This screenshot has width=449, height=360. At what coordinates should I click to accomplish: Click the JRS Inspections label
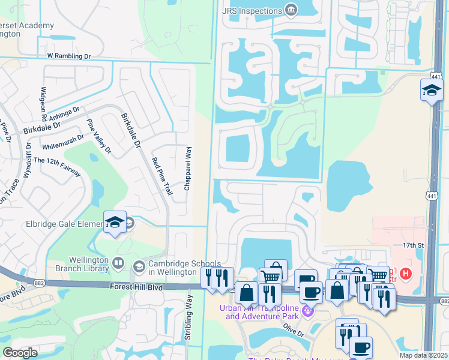coord(252,11)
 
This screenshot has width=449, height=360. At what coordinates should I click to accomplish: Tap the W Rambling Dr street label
coord(68,56)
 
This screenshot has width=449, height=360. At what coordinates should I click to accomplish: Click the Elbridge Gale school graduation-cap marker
coord(114,223)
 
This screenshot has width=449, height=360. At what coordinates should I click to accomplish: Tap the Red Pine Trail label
coord(162,176)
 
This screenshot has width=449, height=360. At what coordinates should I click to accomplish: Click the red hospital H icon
coord(406,273)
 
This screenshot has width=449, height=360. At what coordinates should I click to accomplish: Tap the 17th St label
coord(414,245)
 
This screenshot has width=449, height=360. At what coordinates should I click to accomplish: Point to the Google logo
coord(20,353)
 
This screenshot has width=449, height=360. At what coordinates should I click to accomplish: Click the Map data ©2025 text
coord(423,355)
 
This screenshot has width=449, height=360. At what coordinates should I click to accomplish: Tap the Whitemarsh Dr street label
coord(62,143)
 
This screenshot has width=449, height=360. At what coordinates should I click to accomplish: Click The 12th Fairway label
coord(57,166)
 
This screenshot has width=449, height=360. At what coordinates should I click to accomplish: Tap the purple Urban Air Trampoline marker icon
coord(307,311)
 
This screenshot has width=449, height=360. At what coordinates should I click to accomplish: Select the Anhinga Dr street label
coord(65,114)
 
